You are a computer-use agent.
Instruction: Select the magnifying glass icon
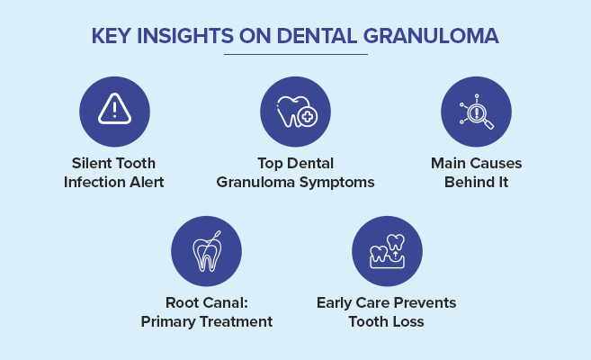[x=476, y=111]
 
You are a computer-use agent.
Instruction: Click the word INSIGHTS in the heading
[x=184, y=37]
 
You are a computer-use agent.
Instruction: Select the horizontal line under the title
[x=295, y=55]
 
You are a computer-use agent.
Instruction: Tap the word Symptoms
[x=337, y=183]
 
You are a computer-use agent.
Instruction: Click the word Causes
[x=497, y=164]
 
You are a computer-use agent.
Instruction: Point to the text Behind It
[x=476, y=183]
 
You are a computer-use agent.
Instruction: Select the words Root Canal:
[x=206, y=303]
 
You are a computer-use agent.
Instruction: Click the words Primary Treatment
[x=206, y=322]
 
